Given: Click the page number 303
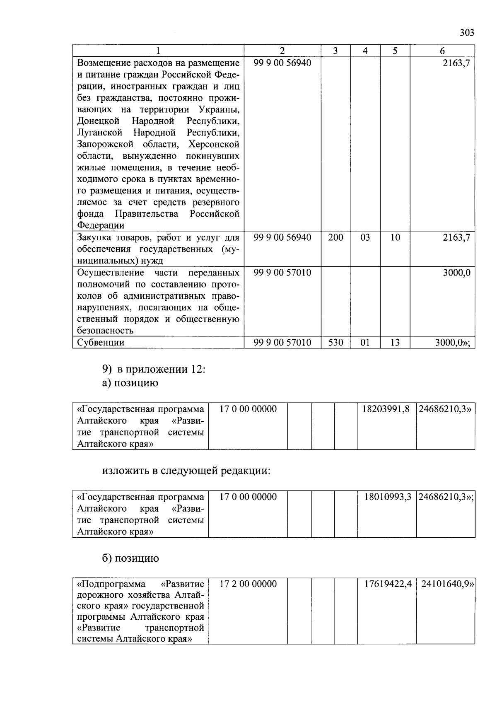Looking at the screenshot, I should pyautogui.click(x=467, y=33).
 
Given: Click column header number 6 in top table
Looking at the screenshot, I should pyautogui.click(x=442, y=51).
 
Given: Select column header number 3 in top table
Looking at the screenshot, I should pyautogui.click(x=335, y=51).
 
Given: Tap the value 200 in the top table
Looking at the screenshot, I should pyautogui.click(x=335, y=238).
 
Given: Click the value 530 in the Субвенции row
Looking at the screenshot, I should pyautogui.click(x=335, y=343).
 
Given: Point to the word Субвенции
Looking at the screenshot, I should pyautogui.click(x=101, y=343).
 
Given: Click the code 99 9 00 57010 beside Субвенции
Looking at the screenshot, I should pyautogui.click(x=282, y=343).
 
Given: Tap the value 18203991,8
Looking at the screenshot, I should pyautogui.click(x=386, y=409).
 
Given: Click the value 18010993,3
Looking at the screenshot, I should pyautogui.click(x=388, y=497).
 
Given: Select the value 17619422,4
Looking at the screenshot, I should pyautogui.click(x=388, y=584).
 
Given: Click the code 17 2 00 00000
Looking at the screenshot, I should pyautogui.click(x=248, y=584).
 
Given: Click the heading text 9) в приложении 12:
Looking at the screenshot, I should pyautogui.click(x=154, y=369).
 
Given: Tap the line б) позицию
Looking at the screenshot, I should pyautogui.click(x=130, y=558).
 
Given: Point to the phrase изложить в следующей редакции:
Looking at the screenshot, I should pyautogui.click(x=186, y=471).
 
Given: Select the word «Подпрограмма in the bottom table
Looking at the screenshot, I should pyautogui.click(x=111, y=584).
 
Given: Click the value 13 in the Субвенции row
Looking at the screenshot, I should pyautogui.click(x=395, y=343).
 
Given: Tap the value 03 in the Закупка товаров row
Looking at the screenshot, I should pyautogui.click(x=365, y=238).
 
